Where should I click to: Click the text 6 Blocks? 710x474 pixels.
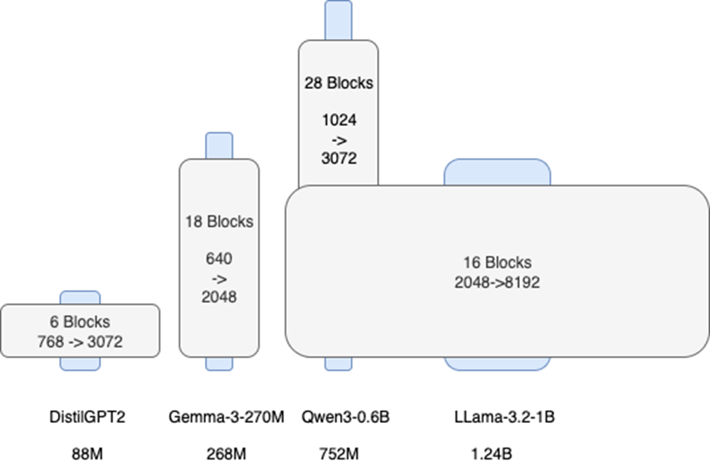(80, 322)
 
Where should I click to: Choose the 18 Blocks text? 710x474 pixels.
(219, 221)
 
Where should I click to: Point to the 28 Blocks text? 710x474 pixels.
(339, 83)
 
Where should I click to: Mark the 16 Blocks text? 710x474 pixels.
(497, 263)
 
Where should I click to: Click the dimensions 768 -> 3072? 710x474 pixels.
(80, 342)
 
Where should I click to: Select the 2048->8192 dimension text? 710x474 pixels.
(497, 283)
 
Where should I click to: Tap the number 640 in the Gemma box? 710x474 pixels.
(219, 259)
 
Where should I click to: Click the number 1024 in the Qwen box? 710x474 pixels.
(339, 121)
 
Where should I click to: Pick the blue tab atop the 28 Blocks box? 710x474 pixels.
(338, 20)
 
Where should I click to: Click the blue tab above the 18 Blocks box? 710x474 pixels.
(219, 146)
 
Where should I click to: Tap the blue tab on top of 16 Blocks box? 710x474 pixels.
(497, 172)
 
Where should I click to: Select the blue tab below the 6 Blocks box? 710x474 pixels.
(80, 364)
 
